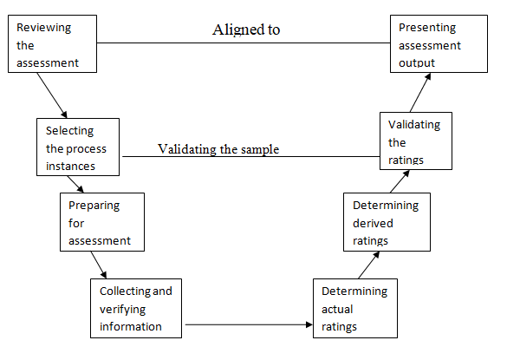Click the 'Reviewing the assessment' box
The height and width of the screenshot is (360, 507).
click(x=52, y=43)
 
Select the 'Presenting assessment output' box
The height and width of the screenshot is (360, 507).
click(x=439, y=43)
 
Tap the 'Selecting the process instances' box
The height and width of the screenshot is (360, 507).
click(x=78, y=147)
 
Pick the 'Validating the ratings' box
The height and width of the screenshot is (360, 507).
click(x=416, y=141)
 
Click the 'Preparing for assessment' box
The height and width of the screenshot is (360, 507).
click(x=102, y=222)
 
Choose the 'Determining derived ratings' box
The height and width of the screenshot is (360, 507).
click(x=387, y=222)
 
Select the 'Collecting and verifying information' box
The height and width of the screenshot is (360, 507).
click(x=136, y=308)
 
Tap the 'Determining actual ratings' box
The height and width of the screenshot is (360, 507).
click(x=355, y=308)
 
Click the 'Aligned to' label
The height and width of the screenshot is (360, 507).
click(x=246, y=29)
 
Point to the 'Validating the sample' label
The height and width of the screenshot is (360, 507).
click(x=218, y=149)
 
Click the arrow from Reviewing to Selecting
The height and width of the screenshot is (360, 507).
click(x=52, y=95)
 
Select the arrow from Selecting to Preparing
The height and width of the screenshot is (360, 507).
click(x=75, y=185)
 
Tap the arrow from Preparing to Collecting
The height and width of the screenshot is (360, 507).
click(x=99, y=265)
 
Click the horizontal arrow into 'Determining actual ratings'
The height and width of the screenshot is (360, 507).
click(x=249, y=324)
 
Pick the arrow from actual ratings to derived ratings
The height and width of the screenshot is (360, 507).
click(x=369, y=265)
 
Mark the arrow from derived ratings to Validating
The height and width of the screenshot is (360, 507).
click(x=400, y=181)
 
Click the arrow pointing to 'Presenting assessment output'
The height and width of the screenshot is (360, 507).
click(x=420, y=92)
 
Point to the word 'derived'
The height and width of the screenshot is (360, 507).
click(x=373, y=223)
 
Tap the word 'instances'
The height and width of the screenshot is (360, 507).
click(x=70, y=166)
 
